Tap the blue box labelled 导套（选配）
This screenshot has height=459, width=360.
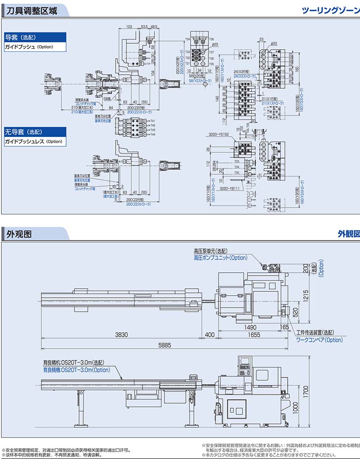pyautogui.click(x=20, y=37)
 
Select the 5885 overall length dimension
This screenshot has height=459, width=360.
pyautogui.click(x=165, y=345)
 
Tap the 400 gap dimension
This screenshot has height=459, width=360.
pyautogui.click(x=209, y=335)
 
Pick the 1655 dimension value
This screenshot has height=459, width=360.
pyautogui.click(x=254, y=335)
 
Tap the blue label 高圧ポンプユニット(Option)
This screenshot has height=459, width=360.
pyautogui.click(x=220, y=258)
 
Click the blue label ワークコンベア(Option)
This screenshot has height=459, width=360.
pyautogui.click(x=319, y=340)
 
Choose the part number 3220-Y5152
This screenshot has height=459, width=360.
pyautogui.click(x=219, y=134)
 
